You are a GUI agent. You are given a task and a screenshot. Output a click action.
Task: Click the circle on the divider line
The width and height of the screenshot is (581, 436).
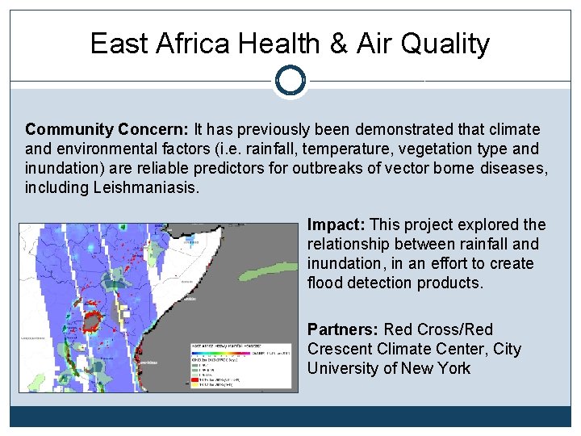coord(290,80)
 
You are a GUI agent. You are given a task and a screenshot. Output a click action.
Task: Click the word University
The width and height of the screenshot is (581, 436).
coord(342,368)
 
